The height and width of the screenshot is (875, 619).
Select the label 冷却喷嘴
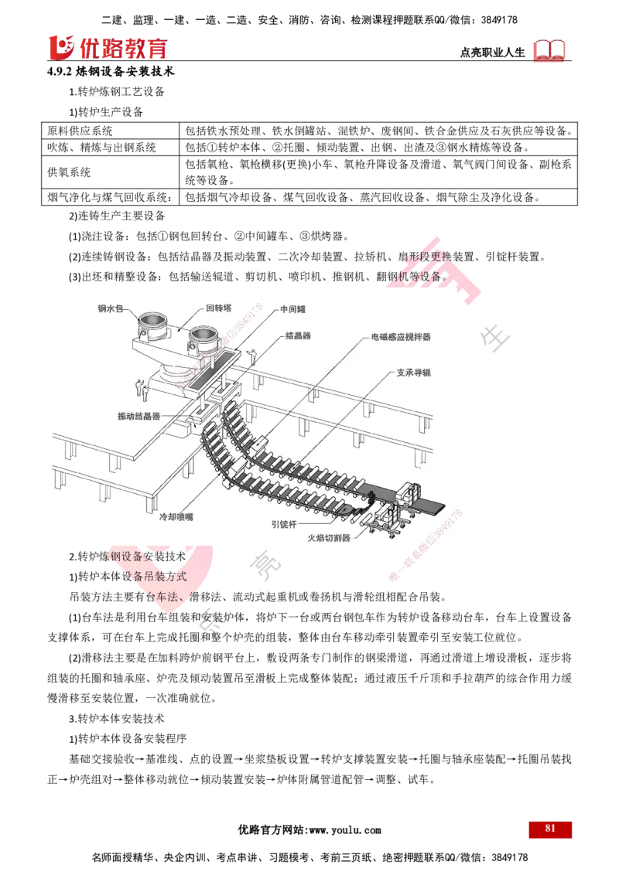click(176, 518)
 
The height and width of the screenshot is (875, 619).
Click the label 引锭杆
click(283, 523)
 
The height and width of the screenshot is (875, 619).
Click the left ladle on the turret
click(151, 323)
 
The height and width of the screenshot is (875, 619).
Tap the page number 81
click(550, 828)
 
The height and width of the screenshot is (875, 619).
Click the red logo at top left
click(108, 47)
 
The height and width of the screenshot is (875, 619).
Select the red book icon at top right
click(550, 50)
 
